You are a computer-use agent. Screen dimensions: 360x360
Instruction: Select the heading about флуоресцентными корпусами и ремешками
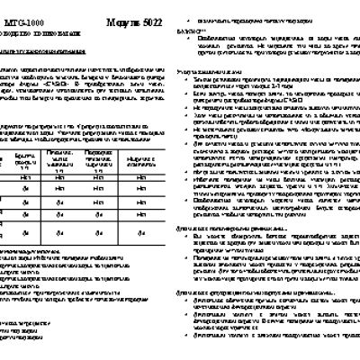tap(243, 292)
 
